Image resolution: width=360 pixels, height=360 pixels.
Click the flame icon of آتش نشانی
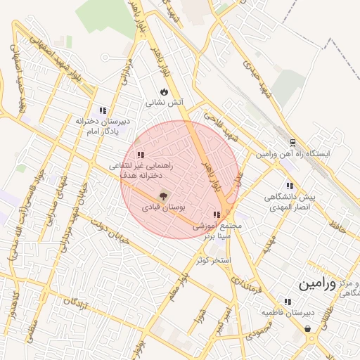point(165,91)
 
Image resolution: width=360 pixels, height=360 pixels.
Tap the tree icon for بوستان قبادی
point(163,196)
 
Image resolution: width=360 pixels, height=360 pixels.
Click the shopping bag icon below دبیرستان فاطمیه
point(308,328)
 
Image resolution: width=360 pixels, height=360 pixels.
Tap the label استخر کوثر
point(213,260)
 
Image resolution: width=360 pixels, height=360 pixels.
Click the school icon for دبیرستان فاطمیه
point(287,301)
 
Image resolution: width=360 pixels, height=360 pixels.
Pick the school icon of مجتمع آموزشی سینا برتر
point(217,214)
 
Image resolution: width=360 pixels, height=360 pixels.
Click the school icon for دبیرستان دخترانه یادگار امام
point(103,110)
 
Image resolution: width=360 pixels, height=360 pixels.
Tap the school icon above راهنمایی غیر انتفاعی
point(141,155)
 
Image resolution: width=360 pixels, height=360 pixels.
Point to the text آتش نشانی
point(165,103)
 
